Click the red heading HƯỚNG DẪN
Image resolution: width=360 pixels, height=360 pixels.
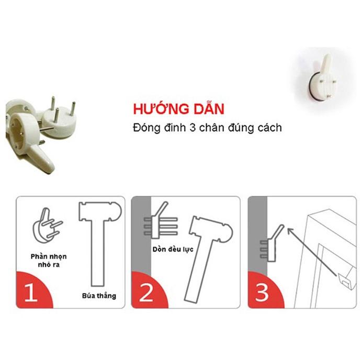(x=178, y=109)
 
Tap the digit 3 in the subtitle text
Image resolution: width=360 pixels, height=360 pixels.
(x=193, y=128)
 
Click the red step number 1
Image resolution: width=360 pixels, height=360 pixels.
(x=31, y=292)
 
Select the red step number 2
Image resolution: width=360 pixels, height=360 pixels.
(x=146, y=292)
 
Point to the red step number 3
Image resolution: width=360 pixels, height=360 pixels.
(x=262, y=292)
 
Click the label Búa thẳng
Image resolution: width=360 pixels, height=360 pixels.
(x=99, y=296)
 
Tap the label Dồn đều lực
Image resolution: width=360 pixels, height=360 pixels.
(x=173, y=249)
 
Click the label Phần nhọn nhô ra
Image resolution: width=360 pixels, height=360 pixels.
(x=49, y=261)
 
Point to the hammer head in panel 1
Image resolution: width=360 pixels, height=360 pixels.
(x=100, y=211)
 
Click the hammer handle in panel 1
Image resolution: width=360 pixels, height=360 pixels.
(x=98, y=253)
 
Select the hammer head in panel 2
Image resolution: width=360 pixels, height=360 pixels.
(x=210, y=229)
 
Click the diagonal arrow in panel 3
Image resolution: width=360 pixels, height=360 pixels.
(x=312, y=252)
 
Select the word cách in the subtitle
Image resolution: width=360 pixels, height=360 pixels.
(x=269, y=128)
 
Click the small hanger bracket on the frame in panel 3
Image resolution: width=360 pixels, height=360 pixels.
(x=344, y=282)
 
